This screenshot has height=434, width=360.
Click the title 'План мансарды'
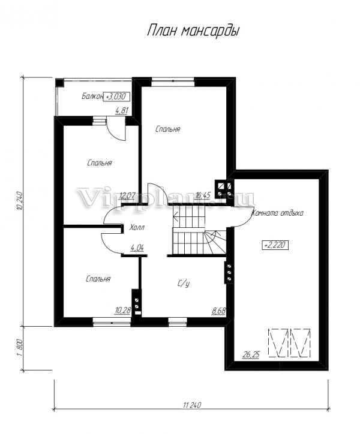click(x=193, y=31)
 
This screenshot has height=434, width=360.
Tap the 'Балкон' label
click(x=92, y=97)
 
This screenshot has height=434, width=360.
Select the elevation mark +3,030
click(x=116, y=97)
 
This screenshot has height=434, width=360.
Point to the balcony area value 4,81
click(x=122, y=111)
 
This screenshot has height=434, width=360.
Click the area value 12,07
click(x=127, y=195)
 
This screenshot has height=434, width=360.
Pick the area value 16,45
click(x=203, y=195)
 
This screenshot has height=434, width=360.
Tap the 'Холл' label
click(x=137, y=228)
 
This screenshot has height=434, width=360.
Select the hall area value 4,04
click(x=137, y=248)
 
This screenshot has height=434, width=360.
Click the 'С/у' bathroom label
click(x=184, y=284)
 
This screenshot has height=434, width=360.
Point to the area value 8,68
click(x=218, y=311)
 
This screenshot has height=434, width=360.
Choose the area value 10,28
click(x=122, y=311)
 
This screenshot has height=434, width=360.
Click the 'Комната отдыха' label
click(x=277, y=213)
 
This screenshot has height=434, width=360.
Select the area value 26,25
click(x=251, y=354)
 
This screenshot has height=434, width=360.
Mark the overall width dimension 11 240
click(x=192, y=405)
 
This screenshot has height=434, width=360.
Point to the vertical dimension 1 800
click(x=19, y=348)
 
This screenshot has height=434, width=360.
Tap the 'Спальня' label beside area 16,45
click(x=168, y=129)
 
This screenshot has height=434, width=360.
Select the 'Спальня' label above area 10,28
click(x=98, y=279)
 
